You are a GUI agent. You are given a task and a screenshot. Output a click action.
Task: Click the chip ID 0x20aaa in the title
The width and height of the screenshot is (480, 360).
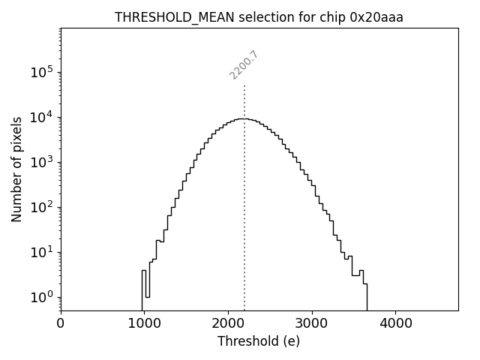pos(376,18)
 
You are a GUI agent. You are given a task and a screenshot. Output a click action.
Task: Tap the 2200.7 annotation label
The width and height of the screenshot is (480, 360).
pos(244,64)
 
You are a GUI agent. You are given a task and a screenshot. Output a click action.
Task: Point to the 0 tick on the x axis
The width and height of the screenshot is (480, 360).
pos(61,323)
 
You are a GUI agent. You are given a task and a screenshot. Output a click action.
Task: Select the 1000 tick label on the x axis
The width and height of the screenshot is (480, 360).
pos(144,323)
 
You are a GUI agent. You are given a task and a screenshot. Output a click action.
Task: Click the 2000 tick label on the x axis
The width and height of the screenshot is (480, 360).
pos(228,323)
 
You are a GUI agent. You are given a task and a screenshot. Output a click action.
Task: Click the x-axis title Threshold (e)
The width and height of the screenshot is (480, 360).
pos(259,341)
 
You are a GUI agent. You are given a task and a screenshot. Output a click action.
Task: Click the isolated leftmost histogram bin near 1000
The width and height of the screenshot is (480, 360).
pos(143,289)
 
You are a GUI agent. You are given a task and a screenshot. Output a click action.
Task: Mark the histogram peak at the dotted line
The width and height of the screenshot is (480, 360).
pos(244,118)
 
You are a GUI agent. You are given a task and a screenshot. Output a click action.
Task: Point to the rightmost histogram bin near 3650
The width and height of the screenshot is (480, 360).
pos(365,296)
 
